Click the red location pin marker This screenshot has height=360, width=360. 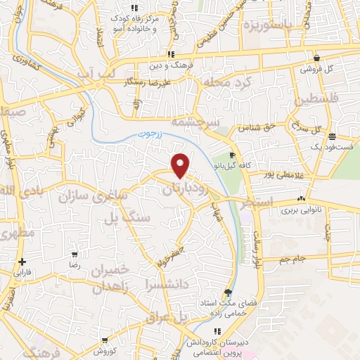point(181,165)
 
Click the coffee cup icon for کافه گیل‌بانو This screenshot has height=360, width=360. point(233,155)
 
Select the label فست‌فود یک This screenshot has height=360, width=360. point(330,146)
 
